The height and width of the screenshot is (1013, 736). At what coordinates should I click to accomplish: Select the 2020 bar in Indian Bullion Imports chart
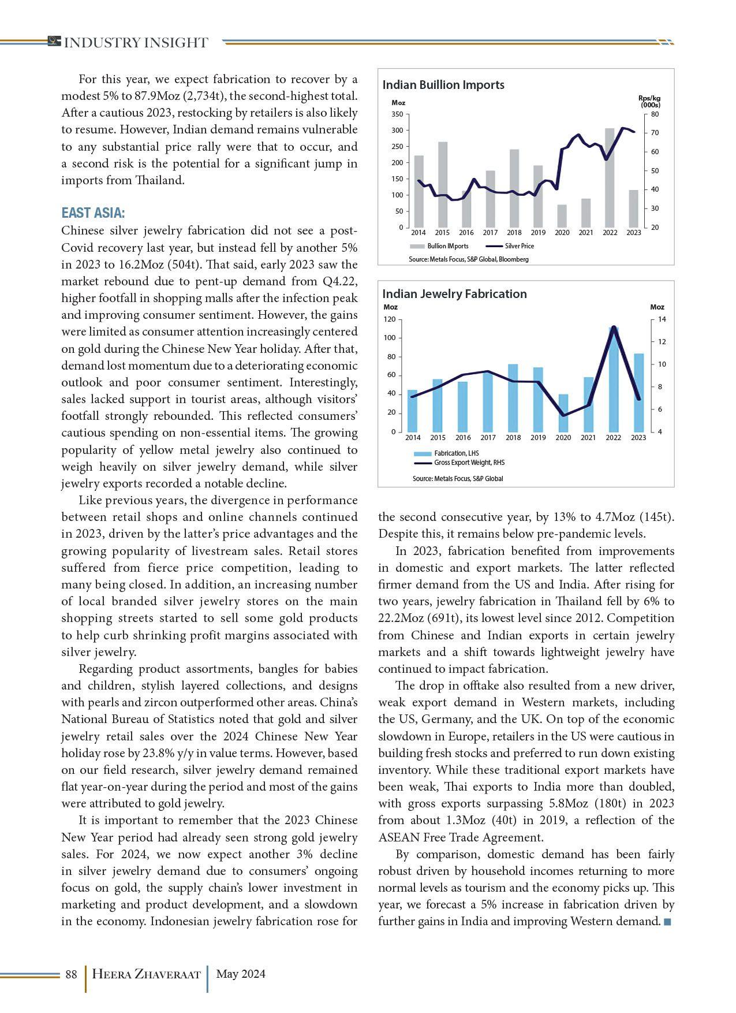point(562,217)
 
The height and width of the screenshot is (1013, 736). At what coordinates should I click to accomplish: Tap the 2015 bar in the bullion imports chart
point(443,191)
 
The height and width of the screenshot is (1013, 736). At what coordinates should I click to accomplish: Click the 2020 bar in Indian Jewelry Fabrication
point(563,414)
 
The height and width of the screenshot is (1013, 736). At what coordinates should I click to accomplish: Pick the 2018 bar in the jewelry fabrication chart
point(513,399)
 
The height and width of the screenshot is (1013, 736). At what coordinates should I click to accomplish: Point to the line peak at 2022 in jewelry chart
point(614,327)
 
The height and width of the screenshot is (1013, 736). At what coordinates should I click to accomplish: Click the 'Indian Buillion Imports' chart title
point(443,85)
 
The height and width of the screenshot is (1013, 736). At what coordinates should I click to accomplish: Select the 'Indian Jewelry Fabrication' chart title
point(454,294)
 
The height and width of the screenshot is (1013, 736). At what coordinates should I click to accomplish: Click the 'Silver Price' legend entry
point(519,246)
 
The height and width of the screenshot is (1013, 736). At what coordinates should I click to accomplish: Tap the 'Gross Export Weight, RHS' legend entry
point(469,463)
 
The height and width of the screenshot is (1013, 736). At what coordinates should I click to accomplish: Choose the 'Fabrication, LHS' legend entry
point(456,453)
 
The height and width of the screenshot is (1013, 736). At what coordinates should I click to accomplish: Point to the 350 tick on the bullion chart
point(397,114)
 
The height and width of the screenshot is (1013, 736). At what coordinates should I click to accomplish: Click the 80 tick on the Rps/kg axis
point(655,114)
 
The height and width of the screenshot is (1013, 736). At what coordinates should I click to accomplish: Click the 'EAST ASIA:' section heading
point(93,213)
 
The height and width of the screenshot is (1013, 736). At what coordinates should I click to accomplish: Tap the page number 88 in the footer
point(71,974)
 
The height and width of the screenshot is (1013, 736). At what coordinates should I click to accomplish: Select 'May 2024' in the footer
point(241,974)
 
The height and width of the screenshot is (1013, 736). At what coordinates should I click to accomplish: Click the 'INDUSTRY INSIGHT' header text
point(136,43)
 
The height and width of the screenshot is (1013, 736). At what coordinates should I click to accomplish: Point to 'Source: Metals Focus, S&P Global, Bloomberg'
point(468,259)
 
